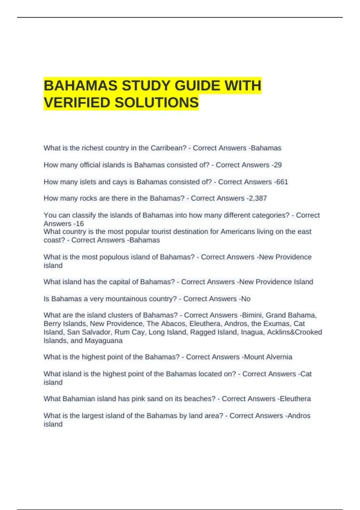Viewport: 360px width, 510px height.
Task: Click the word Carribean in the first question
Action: (x=168, y=148)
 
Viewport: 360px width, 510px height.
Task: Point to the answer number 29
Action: (x=277, y=165)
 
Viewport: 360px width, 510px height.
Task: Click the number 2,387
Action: (x=258, y=198)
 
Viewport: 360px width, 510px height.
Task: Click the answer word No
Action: (x=246, y=299)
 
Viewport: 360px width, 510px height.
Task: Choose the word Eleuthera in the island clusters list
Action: (x=205, y=324)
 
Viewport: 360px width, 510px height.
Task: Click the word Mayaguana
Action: (x=103, y=341)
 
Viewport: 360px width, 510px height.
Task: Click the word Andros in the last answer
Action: (x=299, y=416)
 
